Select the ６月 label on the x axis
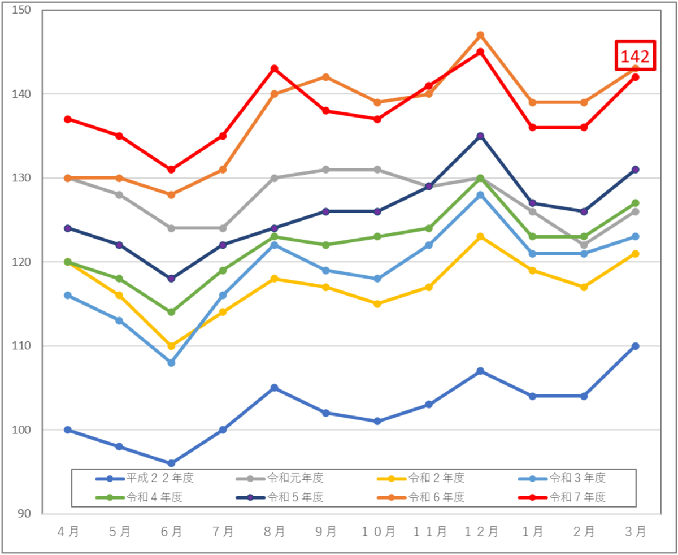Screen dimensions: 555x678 point(171,532)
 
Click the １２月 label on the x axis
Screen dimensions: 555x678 point(480,532)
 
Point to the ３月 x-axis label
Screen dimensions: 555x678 point(635,532)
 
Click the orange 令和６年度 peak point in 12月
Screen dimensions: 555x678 point(480,35)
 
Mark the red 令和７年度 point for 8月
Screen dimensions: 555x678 point(274,69)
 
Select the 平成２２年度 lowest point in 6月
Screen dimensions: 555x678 point(171,463)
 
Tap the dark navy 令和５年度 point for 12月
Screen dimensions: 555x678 point(480,136)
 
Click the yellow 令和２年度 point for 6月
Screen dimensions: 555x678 point(171,346)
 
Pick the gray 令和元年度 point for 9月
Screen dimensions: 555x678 point(325,170)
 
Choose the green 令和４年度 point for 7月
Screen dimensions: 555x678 point(223,271)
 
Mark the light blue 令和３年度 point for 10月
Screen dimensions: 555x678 point(377,279)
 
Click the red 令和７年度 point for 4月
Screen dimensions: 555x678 point(68,119)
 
